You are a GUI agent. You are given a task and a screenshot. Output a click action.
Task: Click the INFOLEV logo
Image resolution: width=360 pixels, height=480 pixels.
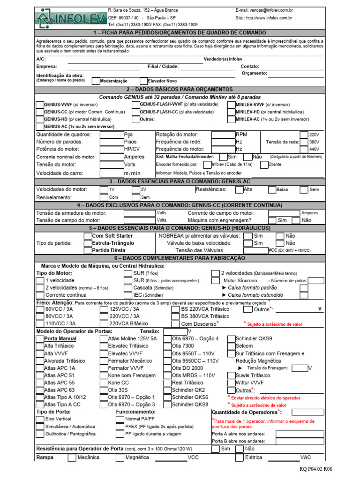click(70, 18)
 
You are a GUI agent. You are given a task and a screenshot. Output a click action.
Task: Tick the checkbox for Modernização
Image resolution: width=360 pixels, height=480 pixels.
click(96, 81)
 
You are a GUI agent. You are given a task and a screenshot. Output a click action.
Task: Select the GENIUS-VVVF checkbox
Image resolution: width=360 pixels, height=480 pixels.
click(40, 105)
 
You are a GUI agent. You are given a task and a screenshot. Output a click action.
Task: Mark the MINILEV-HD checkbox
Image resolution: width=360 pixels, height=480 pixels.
click(232, 112)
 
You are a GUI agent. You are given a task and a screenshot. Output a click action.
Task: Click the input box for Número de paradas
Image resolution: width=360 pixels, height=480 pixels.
click(112, 142)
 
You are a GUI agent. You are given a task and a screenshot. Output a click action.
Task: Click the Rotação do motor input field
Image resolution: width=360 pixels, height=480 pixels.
click(223, 135)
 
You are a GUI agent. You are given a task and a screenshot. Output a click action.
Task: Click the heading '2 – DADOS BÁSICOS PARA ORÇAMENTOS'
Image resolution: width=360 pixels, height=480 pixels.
click(180, 89)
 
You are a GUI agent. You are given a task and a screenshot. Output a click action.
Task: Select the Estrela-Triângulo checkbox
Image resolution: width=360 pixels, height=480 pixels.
click(88, 243)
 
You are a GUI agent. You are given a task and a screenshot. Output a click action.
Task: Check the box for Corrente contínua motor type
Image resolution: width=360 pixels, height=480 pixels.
click(40, 295)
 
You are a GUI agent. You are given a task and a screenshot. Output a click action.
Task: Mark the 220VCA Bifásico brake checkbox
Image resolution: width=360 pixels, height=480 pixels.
click(104, 323)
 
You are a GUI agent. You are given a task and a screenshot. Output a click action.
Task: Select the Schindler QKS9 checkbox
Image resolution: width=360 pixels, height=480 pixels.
click(232, 338)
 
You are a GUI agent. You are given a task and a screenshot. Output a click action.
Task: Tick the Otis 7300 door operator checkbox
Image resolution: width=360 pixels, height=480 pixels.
click(168, 346)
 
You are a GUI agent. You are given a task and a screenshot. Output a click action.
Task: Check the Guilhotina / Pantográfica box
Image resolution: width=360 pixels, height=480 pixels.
click(40, 434)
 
